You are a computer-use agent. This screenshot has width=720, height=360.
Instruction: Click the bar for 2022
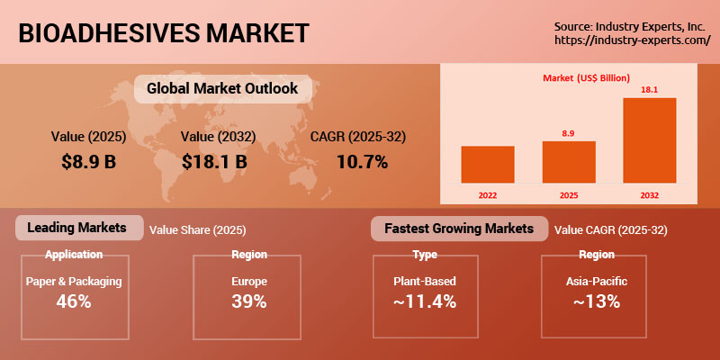tap(488, 165)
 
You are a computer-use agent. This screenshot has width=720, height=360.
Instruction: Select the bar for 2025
tap(569, 162)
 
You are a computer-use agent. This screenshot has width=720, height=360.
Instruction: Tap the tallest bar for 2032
tap(649, 140)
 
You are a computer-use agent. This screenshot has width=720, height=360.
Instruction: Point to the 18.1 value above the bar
tap(649, 90)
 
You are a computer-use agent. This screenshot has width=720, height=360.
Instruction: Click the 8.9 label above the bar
tap(569, 133)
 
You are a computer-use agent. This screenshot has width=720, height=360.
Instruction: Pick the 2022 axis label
tap(488, 195)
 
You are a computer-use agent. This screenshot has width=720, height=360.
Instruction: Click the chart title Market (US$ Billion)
tap(586, 78)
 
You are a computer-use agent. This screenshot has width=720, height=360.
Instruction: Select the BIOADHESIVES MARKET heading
tap(164, 33)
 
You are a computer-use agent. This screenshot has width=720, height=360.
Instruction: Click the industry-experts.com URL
tap(633, 40)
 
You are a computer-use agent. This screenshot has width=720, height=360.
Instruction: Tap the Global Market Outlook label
tap(222, 88)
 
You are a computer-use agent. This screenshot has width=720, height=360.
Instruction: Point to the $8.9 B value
tap(88, 162)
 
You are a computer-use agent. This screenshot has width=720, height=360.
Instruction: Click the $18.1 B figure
tap(214, 162)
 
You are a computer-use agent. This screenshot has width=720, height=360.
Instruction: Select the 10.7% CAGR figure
tap(363, 162)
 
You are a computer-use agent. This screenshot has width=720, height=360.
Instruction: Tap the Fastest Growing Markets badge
tap(459, 229)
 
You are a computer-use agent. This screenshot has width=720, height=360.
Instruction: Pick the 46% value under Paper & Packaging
tap(74, 301)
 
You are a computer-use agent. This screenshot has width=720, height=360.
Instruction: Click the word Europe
tap(249, 282)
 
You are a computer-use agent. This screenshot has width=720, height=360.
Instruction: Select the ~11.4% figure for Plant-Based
tap(425, 301)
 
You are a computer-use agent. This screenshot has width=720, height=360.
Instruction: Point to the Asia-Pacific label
tap(597, 282)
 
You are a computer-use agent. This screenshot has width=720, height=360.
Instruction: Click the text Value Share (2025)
tap(197, 230)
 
